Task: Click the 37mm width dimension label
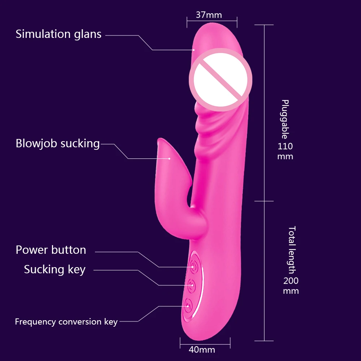209,15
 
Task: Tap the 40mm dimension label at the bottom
202,350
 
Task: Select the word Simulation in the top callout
43,34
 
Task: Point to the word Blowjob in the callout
36,143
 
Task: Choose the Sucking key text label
55,269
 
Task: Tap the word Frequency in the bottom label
35,322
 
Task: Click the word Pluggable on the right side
285,119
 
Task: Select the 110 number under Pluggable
285,146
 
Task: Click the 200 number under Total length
291,280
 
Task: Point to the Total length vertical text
292,250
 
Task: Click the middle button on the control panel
192,286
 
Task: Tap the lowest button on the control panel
188,306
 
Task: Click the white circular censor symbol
221,80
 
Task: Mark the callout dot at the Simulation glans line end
194,50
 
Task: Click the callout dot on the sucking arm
169,158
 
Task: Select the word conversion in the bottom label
80,322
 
